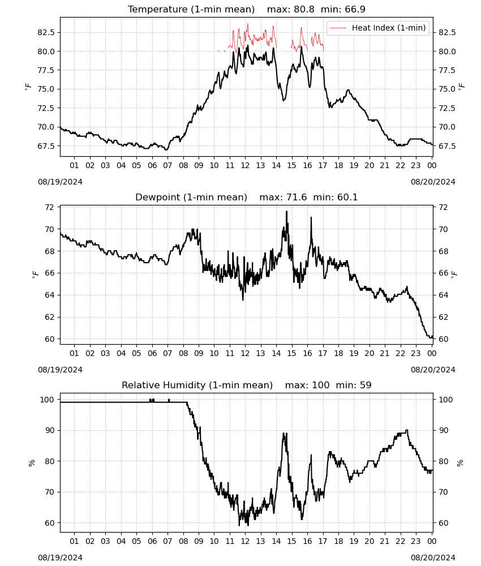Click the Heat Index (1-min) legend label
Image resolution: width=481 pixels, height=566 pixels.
point(389,28)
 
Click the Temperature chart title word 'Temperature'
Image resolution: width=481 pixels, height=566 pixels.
point(158,10)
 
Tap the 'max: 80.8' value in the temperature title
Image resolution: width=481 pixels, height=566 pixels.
point(290,10)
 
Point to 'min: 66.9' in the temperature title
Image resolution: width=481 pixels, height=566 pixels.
point(343,10)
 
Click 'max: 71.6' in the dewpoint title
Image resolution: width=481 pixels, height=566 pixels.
point(283,198)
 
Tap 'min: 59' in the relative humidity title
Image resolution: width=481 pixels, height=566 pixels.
point(353,385)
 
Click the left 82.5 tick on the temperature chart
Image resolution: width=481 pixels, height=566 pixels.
point(46,32)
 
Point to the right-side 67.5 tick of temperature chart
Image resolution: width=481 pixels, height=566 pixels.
point(446,146)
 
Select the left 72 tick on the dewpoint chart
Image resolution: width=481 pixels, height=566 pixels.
point(49,207)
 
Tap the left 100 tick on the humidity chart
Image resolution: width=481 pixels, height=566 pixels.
point(48,400)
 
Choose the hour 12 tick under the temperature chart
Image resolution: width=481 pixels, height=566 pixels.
point(245,165)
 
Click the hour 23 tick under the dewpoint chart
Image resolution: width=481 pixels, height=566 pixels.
point(416,353)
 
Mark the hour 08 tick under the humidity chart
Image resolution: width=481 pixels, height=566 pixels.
point(183,542)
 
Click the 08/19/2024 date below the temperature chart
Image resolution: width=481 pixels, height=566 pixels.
point(60,182)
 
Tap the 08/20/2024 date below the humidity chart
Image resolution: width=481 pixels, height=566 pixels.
point(433,558)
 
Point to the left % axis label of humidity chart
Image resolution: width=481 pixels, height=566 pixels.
point(32,463)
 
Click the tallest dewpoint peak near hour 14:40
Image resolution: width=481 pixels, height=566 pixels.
point(287,212)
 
